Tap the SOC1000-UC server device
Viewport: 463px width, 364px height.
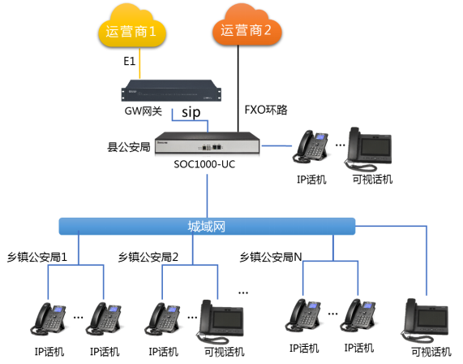(207, 145)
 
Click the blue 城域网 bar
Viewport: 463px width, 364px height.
(208, 225)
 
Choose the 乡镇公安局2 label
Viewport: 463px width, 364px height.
(148, 256)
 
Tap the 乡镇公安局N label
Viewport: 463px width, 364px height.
(271, 256)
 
